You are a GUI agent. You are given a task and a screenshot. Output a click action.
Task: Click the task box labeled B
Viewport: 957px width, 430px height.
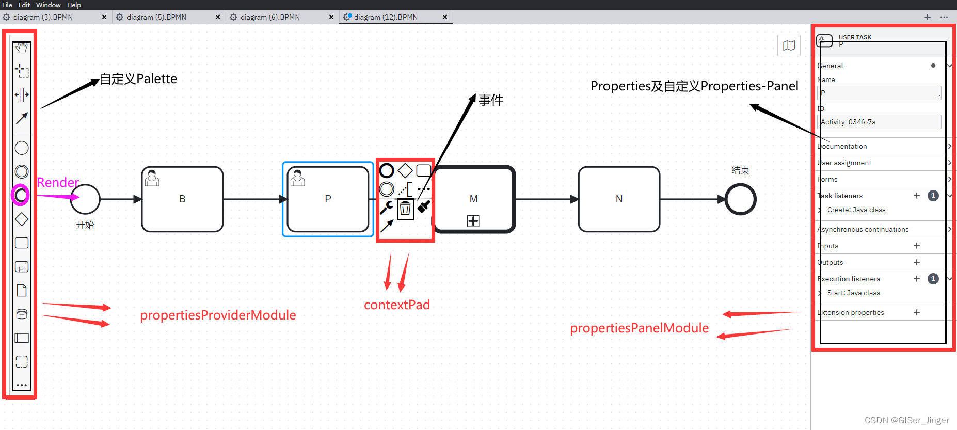[182, 199]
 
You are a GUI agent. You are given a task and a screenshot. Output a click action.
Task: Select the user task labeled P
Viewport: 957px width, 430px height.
[328, 199]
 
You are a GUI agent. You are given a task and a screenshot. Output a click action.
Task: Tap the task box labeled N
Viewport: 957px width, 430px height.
[619, 199]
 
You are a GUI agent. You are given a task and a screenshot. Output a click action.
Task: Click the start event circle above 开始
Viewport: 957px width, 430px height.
[85, 199]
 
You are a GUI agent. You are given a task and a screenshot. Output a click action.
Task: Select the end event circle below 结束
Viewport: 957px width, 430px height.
[740, 199]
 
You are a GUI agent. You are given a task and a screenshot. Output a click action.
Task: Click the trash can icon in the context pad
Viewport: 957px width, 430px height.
[405, 209]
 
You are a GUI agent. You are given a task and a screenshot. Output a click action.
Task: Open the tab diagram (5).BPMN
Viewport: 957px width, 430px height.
[156, 17]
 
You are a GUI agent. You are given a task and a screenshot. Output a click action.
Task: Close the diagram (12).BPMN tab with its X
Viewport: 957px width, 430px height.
[445, 17]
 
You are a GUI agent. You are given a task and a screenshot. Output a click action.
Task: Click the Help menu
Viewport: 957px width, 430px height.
[74, 5]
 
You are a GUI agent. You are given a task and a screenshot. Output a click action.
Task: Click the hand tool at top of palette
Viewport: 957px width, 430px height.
[22, 48]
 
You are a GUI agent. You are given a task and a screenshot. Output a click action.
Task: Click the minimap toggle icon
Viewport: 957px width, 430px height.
[789, 45]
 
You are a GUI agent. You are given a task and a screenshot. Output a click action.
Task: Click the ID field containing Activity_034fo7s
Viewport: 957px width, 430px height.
[880, 122]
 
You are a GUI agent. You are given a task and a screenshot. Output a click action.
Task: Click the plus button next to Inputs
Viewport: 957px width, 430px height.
[917, 246]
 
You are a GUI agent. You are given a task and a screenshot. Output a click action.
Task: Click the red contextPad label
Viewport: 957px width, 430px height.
[396, 305]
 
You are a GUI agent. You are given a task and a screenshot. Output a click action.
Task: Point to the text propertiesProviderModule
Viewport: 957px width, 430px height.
[218, 315]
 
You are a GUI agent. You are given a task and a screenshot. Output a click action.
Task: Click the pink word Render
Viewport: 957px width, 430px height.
[58, 182]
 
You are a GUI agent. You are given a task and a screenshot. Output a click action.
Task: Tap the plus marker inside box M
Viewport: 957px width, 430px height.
[473, 221]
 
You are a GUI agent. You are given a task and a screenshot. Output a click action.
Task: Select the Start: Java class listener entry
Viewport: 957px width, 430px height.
[853, 293]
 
